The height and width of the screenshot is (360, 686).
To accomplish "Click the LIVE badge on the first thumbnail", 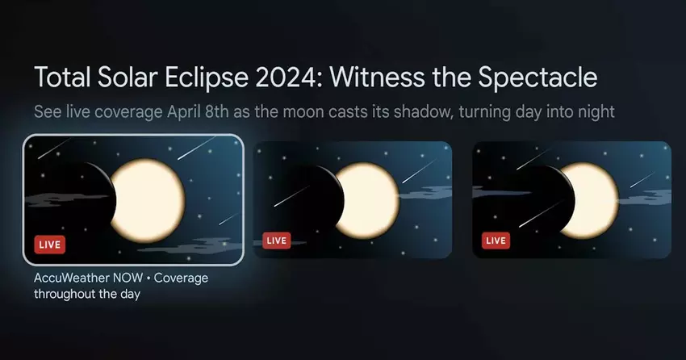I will click(50, 245).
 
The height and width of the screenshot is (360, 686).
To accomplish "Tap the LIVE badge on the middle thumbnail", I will click(277, 241).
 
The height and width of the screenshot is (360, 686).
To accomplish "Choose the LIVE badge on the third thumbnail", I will click(496, 241).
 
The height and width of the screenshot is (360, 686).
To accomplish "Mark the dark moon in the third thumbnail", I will click(537, 197).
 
